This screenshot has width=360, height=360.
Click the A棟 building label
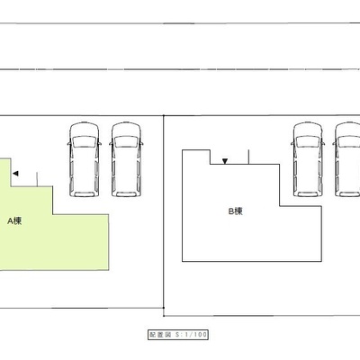tap(14, 221)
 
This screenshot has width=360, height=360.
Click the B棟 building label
tap(236, 211)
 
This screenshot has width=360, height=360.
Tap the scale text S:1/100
tap(191, 335)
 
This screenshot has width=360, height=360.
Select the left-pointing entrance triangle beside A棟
tap(15, 174)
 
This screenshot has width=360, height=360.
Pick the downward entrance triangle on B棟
tap(225, 161)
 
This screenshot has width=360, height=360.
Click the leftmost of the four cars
tap(85, 159)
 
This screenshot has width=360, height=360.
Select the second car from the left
tap(126, 159)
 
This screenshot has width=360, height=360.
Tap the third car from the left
tap(308, 159)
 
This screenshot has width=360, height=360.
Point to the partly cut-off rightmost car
tap(347, 159)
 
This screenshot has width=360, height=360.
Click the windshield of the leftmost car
tap(85, 141)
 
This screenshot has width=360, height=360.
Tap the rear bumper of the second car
tap(126, 194)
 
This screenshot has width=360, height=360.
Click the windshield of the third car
tap(308, 141)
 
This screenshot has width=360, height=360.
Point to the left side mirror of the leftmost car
tap(69, 143)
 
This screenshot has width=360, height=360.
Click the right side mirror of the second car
tap(141, 143)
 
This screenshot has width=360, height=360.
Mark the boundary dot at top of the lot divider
tap(164, 115)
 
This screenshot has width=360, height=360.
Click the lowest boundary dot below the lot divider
tap(164, 316)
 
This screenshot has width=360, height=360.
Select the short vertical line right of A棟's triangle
tap(37, 179)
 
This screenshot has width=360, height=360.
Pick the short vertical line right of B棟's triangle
tap(248, 157)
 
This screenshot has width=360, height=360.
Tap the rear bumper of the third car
tap(308, 194)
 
